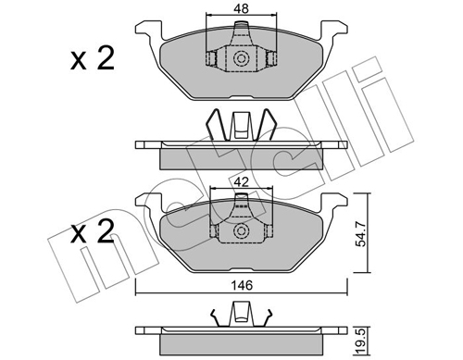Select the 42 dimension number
(x=242, y=183)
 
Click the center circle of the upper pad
(x=242, y=60)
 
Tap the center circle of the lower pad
(x=242, y=230)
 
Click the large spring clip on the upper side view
(x=241, y=125)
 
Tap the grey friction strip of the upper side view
(x=241, y=158)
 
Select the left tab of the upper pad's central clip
(x=211, y=60)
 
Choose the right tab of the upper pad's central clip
(x=272, y=60)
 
